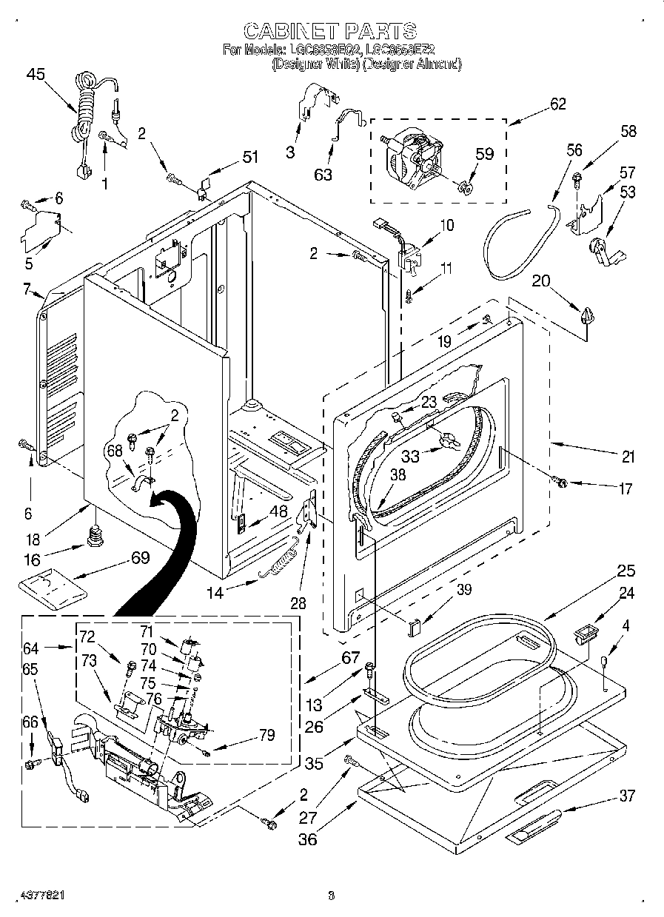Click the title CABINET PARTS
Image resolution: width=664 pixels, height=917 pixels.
[x=330, y=31]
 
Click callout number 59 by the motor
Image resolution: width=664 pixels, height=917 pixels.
[x=483, y=155]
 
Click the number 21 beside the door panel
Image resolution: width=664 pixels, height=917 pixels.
[x=628, y=457]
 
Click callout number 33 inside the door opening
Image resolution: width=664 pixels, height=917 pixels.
[x=410, y=457]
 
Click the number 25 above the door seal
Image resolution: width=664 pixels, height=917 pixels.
[x=626, y=571]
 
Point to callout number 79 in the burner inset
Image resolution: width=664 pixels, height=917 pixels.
[x=266, y=735]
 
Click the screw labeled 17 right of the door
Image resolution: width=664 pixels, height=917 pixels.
[x=561, y=483]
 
